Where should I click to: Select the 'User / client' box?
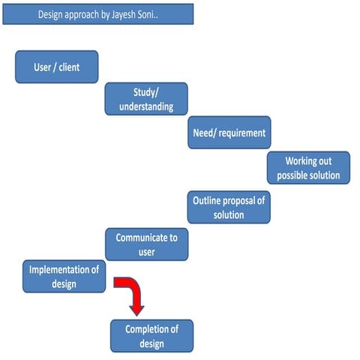[57, 67]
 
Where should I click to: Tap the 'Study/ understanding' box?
[146, 99]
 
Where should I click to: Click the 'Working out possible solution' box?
[308, 168]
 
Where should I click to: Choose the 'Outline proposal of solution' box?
[229, 208]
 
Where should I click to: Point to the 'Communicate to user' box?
[146, 244]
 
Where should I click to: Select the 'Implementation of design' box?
[64, 276]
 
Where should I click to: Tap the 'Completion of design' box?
[151, 335]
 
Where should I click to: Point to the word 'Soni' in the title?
[163, 14]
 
